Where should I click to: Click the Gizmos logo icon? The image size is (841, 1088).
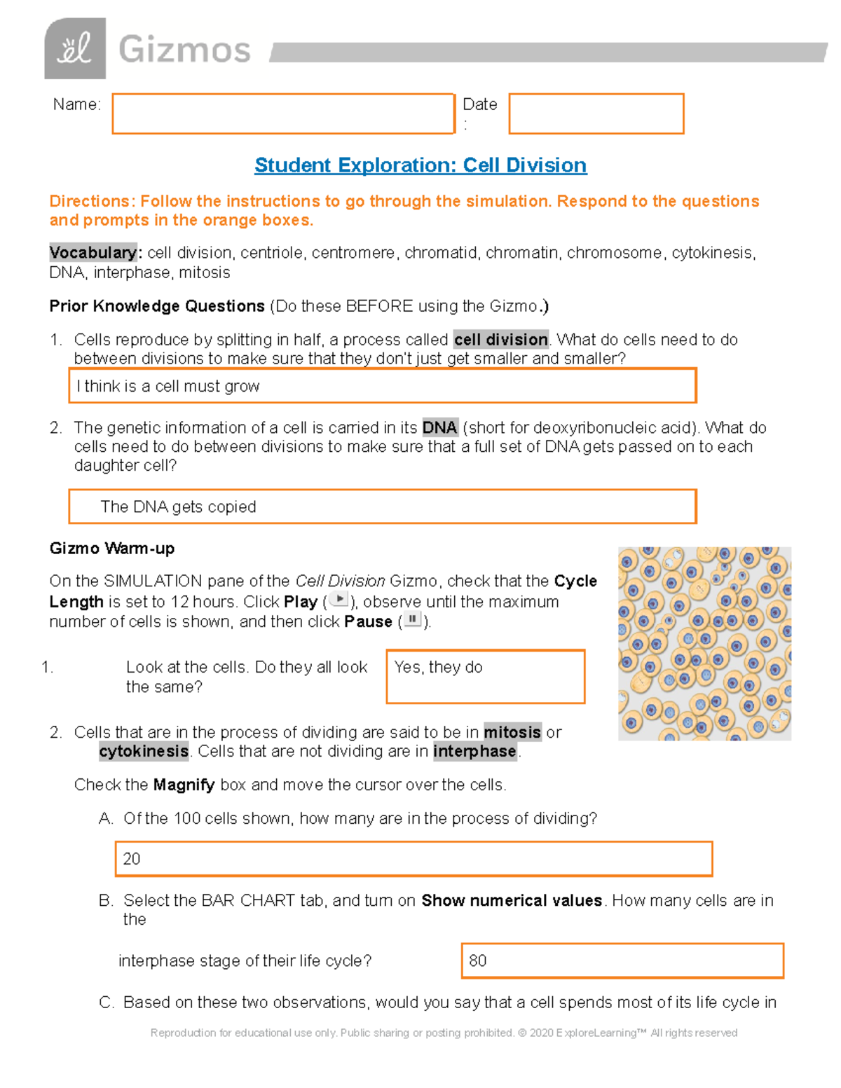click(75, 48)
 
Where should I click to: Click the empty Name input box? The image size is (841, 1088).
click(283, 113)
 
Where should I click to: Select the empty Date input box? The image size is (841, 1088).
click(596, 113)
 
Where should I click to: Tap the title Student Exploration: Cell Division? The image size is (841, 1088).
click(420, 165)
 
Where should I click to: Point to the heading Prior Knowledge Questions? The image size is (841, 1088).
click(157, 306)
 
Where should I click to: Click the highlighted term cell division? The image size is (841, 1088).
click(500, 340)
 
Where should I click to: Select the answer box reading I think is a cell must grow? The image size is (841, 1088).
click(382, 386)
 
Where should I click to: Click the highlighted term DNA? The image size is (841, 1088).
click(439, 427)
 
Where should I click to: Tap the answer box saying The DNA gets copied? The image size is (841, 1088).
click(382, 507)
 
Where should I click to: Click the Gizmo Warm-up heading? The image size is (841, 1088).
click(112, 549)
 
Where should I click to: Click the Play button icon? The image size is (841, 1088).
click(339, 600)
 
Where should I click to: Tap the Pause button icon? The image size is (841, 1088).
click(413, 620)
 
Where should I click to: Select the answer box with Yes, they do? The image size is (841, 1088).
click(485, 677)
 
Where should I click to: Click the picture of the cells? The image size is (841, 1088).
click(704, 644)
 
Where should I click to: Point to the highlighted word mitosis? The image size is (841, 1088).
click(512, 732)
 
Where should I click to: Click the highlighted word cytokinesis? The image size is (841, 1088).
click(144, 751)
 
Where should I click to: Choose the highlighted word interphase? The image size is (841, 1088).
click(474, 751)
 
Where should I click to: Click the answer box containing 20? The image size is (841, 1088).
click(413, 859)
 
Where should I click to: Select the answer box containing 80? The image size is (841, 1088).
click(622, 960)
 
